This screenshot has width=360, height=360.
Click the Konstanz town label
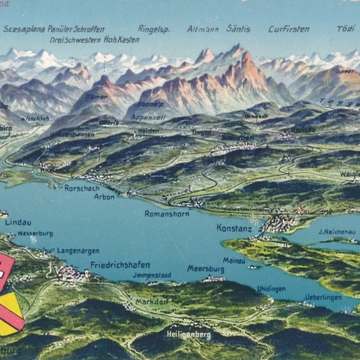click(234, 228)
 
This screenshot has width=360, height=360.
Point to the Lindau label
click(18, 222)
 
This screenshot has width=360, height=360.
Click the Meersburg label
click(205, 269)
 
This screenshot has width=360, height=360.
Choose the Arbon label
click(104, 197)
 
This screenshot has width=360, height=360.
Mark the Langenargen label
click(78, 251)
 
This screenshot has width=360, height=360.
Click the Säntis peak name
click(238, 29)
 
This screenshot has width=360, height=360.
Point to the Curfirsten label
click(289, 29)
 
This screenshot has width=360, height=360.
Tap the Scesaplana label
click(23, 29)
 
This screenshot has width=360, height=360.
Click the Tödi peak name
click(346, 29)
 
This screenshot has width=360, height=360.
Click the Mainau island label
click(234, 260)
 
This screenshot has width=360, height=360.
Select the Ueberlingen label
click(323, 296)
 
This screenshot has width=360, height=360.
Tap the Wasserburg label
click(35, 233)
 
